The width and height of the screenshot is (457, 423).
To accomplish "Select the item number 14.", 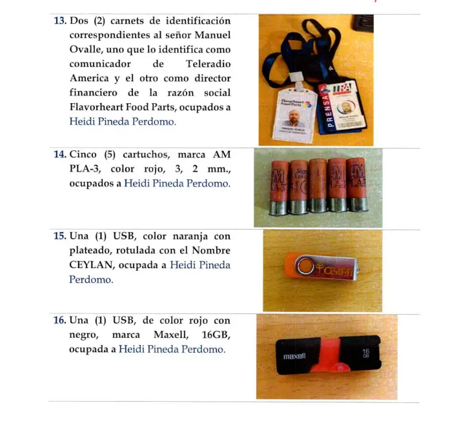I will pyautogui.click(x=59, y=155).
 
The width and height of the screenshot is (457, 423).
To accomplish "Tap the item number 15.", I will pyautogui.click(x=59, y=236).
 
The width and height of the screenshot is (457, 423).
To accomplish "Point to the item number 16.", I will pyautogui.click(x=59, y=320).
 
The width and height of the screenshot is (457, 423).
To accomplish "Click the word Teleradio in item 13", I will pyautogui.click(x=208, y=64).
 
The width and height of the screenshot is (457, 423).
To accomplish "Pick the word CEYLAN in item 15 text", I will pyautogui.click(x=92, y=265).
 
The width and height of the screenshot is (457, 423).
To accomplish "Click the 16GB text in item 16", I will pyautogui.click(x=214, y=335).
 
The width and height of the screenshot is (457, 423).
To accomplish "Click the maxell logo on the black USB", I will pyautogui.click(x=295, y=356).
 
